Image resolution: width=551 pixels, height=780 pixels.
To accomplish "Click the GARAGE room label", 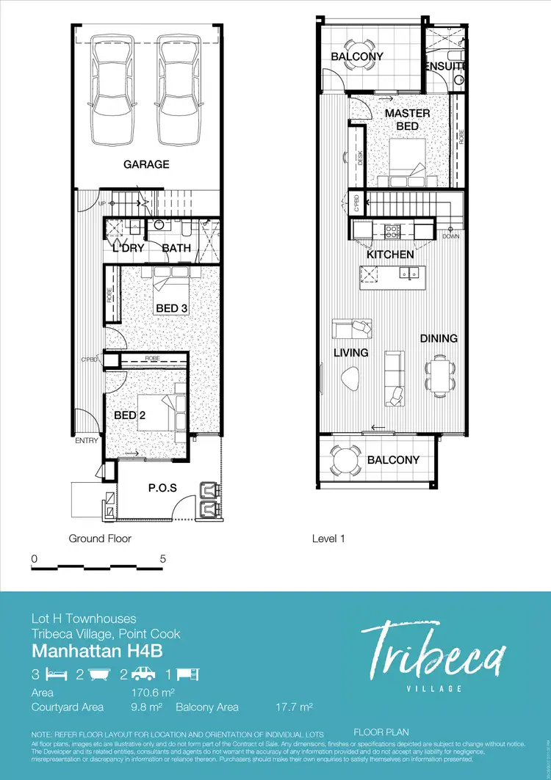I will [146, 164].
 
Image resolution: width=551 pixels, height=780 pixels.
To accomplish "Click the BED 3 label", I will [172, 308].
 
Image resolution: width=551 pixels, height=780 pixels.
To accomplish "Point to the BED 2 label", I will [129, 415].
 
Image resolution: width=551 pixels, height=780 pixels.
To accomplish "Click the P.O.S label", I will [162, 487].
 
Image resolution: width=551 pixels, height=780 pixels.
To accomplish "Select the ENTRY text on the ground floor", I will [86, 441].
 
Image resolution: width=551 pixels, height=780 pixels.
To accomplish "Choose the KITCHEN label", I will [390, 254].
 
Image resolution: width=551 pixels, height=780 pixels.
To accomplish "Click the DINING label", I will [439, 338].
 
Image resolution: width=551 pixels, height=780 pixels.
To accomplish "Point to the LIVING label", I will [350, 353].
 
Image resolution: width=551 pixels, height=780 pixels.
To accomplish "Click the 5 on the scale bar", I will [162, 558].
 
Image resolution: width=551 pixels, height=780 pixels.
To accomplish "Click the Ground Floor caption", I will [100, 539].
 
